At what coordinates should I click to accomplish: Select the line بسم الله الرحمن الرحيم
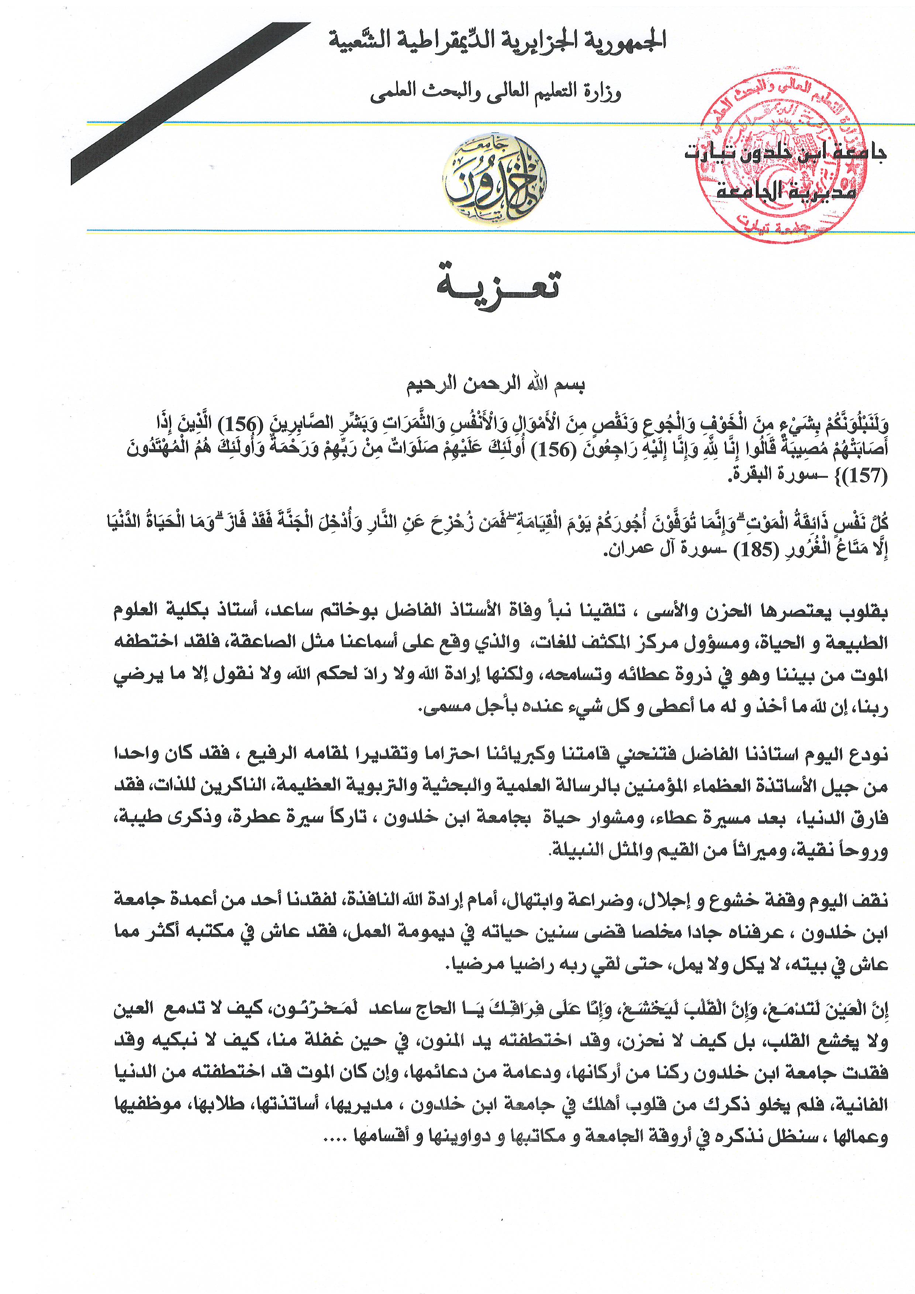[x=496, y=385]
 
